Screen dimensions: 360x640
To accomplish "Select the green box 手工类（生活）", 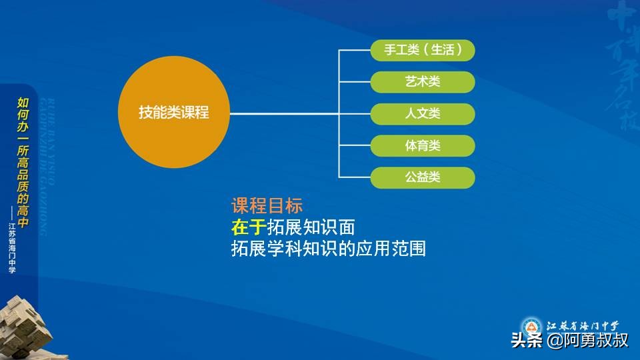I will tap(423, 50).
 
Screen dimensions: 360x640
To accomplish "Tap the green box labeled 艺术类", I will tap(423, 81).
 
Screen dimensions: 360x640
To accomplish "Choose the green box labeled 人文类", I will tap(423, 113).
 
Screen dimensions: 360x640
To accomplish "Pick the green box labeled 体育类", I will tap(423, 145).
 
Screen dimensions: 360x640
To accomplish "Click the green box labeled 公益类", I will tap(423, 177).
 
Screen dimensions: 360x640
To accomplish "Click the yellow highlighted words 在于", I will tap(248, 227).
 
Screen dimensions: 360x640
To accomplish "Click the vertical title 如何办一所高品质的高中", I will tap(23, 163).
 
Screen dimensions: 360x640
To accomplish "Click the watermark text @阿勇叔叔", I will tap(587, 341).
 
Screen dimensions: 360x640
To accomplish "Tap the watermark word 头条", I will tap(527, 341).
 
